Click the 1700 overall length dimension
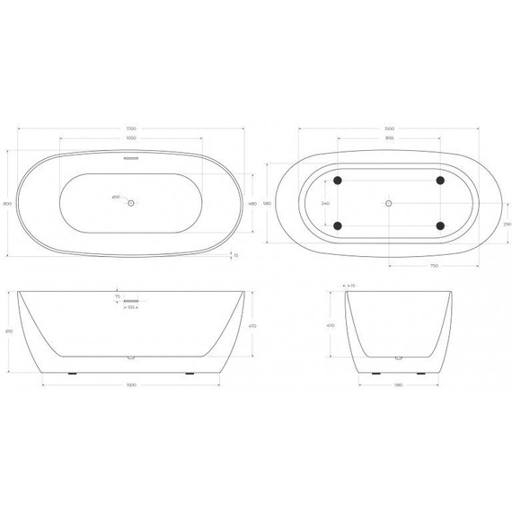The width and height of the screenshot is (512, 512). [x=132, y=128]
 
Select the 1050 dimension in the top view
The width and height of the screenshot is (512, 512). [x=131, y=139]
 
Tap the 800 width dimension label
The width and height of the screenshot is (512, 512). [x=8, y=206]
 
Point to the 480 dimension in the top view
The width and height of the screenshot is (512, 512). [x=252, y=203]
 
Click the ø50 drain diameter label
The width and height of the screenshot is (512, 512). [x=115, y=197]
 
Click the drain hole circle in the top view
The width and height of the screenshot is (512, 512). [x=131, y=203]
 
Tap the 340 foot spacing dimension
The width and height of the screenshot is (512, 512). [x=324, y=203]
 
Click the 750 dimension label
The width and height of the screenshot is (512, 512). [x=432, y=266]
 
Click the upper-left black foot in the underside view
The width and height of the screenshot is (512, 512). [x=338, y=181]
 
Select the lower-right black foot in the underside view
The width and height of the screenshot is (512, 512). [x=439, y=225]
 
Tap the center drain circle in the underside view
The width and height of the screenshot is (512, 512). [x=389, y=203]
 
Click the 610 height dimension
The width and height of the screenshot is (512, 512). [x=8, y=331]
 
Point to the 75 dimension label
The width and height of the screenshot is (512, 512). [x=117, y=296]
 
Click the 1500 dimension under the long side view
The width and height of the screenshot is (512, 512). [x=132, y=387]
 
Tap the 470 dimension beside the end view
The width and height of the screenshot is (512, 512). [x=331, y=326]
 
